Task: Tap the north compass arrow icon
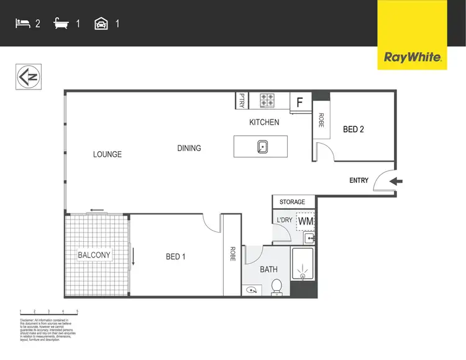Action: [x=27, y=77]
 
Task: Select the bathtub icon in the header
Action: [x=62, y=24]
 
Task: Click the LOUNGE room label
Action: [x=107, y=154]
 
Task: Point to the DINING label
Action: [x=189, y=148]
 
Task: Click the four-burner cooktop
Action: [x=268, y=100]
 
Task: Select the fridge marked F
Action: [x=299, y=102]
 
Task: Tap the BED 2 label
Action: [x=353, y=130]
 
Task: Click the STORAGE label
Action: [x=292, y=202]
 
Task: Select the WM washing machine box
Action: [x=305, y=221]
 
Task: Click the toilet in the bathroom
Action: [x=277, y=287]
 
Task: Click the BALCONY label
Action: [x=94, y=255]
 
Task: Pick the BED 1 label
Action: [x=175, y=257]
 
